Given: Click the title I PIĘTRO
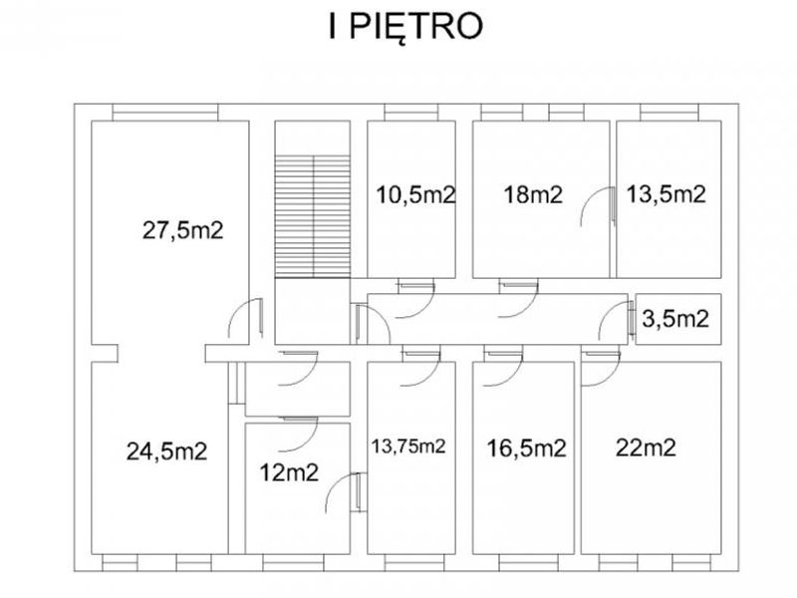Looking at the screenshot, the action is point(405,28).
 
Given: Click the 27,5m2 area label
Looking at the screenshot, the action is point(183,231).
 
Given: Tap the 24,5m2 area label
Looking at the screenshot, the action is point(166,451).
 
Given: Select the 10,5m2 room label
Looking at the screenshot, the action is point(415,194).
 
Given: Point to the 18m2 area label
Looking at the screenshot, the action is point(533,194).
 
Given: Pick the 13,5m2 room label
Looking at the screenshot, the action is point(665,194).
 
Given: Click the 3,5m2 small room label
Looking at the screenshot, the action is point(675,319).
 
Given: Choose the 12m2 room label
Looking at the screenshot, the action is point(289,472).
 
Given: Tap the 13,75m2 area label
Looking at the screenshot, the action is point(408,447).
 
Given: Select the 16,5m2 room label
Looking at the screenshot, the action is point(527,448).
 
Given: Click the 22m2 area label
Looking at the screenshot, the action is point(646,448).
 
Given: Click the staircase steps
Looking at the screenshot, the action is point(313,216).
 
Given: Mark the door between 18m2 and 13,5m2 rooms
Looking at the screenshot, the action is point(599,206).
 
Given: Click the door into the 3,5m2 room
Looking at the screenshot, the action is point(616,320).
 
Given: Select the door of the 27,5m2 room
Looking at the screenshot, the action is point(245,318).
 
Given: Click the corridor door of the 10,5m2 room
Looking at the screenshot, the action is point(415,300).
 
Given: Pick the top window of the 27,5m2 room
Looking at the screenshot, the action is point(165,113).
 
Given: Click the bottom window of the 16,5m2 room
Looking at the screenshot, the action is point(529,563).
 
